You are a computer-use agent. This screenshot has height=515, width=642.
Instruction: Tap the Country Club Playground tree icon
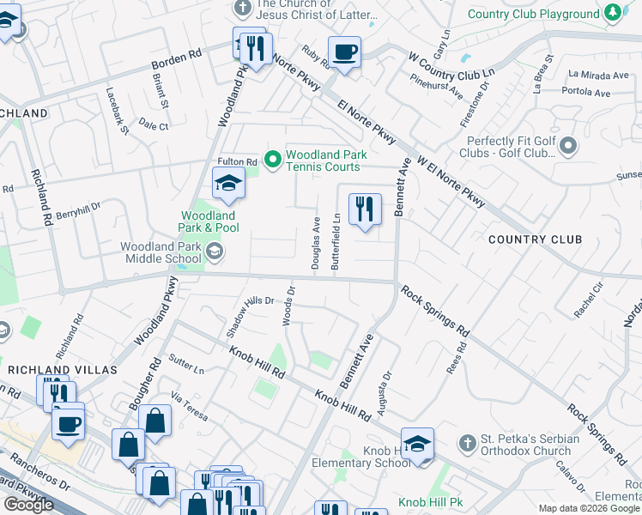[613, 14]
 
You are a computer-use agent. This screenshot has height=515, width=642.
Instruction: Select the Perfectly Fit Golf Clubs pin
[567, 148]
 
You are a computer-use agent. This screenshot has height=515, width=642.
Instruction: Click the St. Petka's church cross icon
[467, 444]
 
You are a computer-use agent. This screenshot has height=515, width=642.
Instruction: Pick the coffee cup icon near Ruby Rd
[344, 52]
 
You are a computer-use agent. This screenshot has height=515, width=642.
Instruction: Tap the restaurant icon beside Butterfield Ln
[365, 209]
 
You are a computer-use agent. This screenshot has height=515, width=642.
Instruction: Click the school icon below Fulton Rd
[228, 183]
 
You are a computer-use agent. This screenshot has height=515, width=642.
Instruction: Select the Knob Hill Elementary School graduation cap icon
[417, 444]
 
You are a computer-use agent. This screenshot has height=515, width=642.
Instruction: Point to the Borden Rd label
[176, 59]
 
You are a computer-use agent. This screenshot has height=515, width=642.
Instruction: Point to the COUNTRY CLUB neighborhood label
[535, 239]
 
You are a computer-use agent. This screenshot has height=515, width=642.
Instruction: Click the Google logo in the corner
[28, 505]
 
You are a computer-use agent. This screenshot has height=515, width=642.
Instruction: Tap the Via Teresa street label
[189, 406]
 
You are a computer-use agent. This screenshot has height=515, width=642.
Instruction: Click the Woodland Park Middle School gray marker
[214, 251]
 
